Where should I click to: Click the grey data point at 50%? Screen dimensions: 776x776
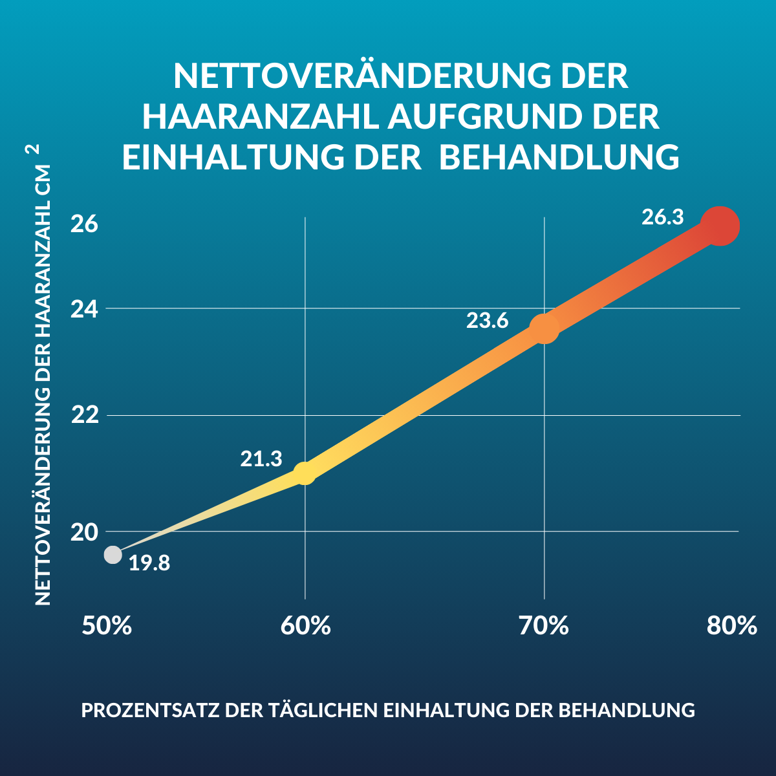point(113,555)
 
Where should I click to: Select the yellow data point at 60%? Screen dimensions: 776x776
point(304,473)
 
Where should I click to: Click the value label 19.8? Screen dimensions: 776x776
point(149,563)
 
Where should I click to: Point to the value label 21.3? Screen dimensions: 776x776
point(261,459)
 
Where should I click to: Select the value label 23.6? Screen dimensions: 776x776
point(488,321)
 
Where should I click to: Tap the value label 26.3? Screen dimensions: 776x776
point(662,217)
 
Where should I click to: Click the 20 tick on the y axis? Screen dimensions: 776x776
point(84,532)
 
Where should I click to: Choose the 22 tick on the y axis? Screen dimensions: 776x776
point(84,415)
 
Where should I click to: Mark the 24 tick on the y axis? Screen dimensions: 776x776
point(84,309)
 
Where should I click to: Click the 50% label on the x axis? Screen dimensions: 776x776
point(107,626)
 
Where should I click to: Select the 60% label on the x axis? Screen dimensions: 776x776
point(306,626)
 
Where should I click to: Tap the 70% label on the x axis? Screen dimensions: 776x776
point(544,626)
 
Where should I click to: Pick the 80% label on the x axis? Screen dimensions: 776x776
point(731,626)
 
